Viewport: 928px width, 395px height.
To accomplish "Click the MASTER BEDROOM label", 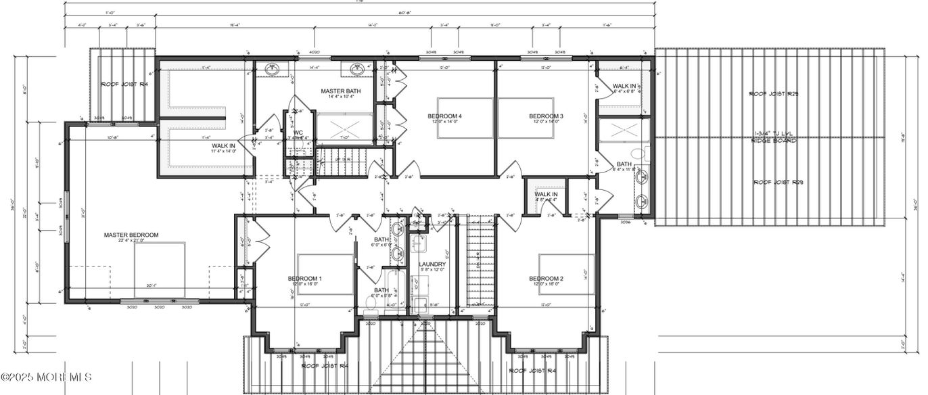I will [x=131, y=235].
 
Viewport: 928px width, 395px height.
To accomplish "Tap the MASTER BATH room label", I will [x=340, y=91].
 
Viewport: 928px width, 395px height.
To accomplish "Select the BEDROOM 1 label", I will [x=305, y=279].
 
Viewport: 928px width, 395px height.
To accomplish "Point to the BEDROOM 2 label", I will [x=546, y=279].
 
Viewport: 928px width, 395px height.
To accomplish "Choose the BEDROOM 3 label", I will [x=546, y=116].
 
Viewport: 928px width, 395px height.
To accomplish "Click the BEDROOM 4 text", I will [x=444, y=116].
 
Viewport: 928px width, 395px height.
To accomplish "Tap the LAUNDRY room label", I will [x=432, y=264].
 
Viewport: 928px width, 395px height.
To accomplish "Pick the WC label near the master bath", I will [x=298, y=133].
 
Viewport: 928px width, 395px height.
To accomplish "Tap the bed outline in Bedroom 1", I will [x=325, y=274].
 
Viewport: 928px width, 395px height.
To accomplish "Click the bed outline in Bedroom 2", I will [x=566, y=274].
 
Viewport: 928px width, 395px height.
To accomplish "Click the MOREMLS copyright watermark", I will [x=46, y=377].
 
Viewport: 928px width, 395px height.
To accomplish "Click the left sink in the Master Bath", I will [x=273, y=69].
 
